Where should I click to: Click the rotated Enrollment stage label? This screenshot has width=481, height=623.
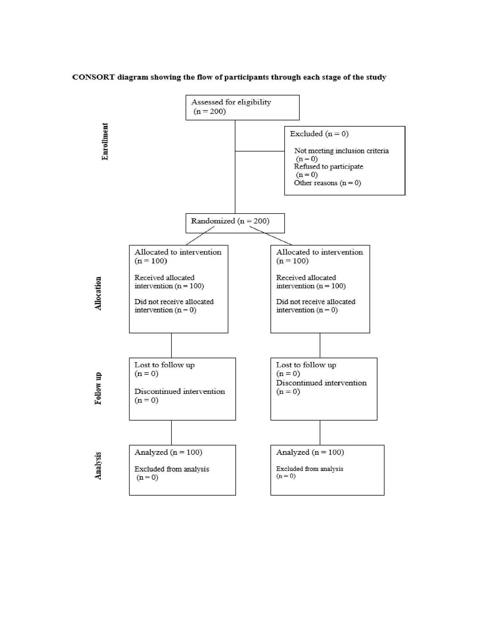pos(105,142)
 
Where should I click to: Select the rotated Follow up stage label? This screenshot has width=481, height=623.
pos(98,388)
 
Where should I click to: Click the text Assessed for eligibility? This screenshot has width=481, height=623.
pos(231,102)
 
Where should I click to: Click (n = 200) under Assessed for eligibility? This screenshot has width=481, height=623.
pos(210,111)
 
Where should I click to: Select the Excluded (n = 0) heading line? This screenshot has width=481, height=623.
pos(319,134)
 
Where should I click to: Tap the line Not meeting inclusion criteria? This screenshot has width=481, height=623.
pos(341,151)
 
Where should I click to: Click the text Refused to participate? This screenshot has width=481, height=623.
pos(328,167)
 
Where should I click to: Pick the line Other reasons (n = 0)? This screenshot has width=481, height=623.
pos(327,183)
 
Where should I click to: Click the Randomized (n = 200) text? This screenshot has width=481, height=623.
pos(230,221)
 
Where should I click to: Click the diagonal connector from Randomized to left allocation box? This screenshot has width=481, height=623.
pos(200,236)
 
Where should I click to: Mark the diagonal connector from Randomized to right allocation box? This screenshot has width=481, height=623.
pos(271,236)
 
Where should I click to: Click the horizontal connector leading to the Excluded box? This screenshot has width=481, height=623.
pos(259,151)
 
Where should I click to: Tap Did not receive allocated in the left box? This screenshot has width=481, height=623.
pos(174,302)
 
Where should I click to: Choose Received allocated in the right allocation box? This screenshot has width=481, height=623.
pos(306,278)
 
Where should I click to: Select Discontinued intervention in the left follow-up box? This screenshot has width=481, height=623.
pos(179,391)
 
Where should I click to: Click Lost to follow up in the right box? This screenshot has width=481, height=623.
pos(306,365)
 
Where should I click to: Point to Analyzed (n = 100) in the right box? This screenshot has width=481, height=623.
pos(310,452)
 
